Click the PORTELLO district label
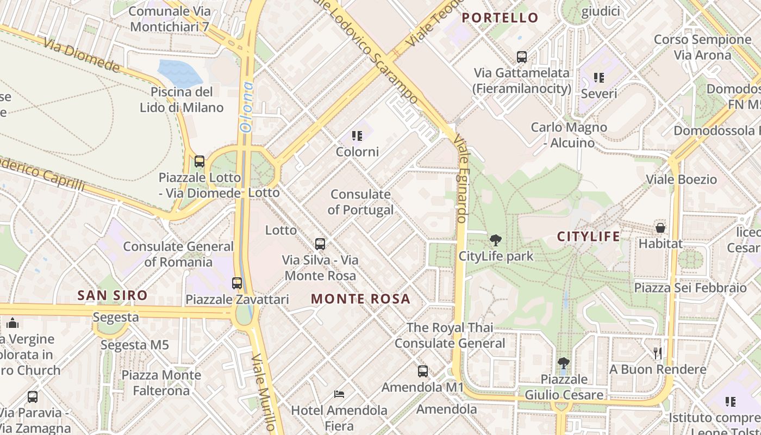coord(500,18)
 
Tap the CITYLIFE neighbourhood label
coord(589,237)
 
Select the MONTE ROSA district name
coord(360,299)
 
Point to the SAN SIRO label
coord(113,296)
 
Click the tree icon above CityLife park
coord(495,240)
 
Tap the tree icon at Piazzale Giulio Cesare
coord(564,363)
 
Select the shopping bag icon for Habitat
coord(660,228)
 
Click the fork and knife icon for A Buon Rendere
coord(658,353)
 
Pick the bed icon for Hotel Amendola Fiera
coord(339,394)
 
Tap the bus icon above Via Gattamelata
coord(522,57)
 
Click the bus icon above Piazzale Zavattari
coord(237,283)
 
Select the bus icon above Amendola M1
coord(422,371)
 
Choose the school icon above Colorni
coord(357,135)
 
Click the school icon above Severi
coord(599,78)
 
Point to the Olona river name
coord(247,107)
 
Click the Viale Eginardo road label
coord(461,179)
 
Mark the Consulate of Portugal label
coord(360,202)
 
